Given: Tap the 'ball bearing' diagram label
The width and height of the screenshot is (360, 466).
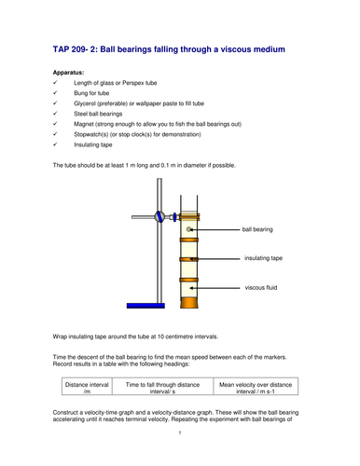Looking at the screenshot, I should [257, 228].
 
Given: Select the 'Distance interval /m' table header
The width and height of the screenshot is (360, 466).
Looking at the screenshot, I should [87, 387].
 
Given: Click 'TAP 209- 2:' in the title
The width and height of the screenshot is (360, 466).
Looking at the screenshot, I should [78, 48].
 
